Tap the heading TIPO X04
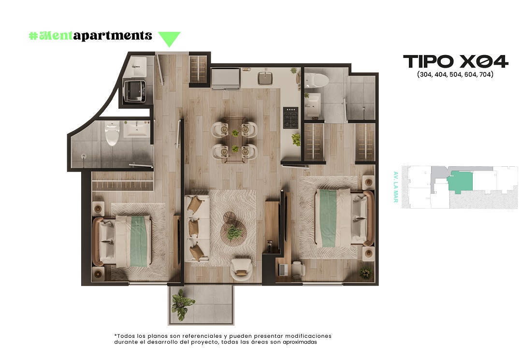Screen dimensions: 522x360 [455, 61]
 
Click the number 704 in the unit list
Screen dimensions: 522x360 [485, 74]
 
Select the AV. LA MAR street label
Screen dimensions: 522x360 [395, 187]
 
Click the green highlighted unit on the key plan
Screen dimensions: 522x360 [460, 182]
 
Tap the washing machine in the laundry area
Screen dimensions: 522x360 [134, 91]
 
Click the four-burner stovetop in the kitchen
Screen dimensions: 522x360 [290, 117]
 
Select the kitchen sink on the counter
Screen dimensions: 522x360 [265, 78]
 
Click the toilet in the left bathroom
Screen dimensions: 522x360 [112, 133]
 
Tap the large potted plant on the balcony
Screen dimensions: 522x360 [182, 304]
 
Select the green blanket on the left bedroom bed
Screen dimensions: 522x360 [139, 242]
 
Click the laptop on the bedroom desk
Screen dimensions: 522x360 [283, 269]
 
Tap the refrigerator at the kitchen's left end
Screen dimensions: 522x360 [226, 78]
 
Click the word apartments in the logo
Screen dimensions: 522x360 [113, 36]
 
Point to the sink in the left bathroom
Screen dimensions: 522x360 [137, 129]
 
